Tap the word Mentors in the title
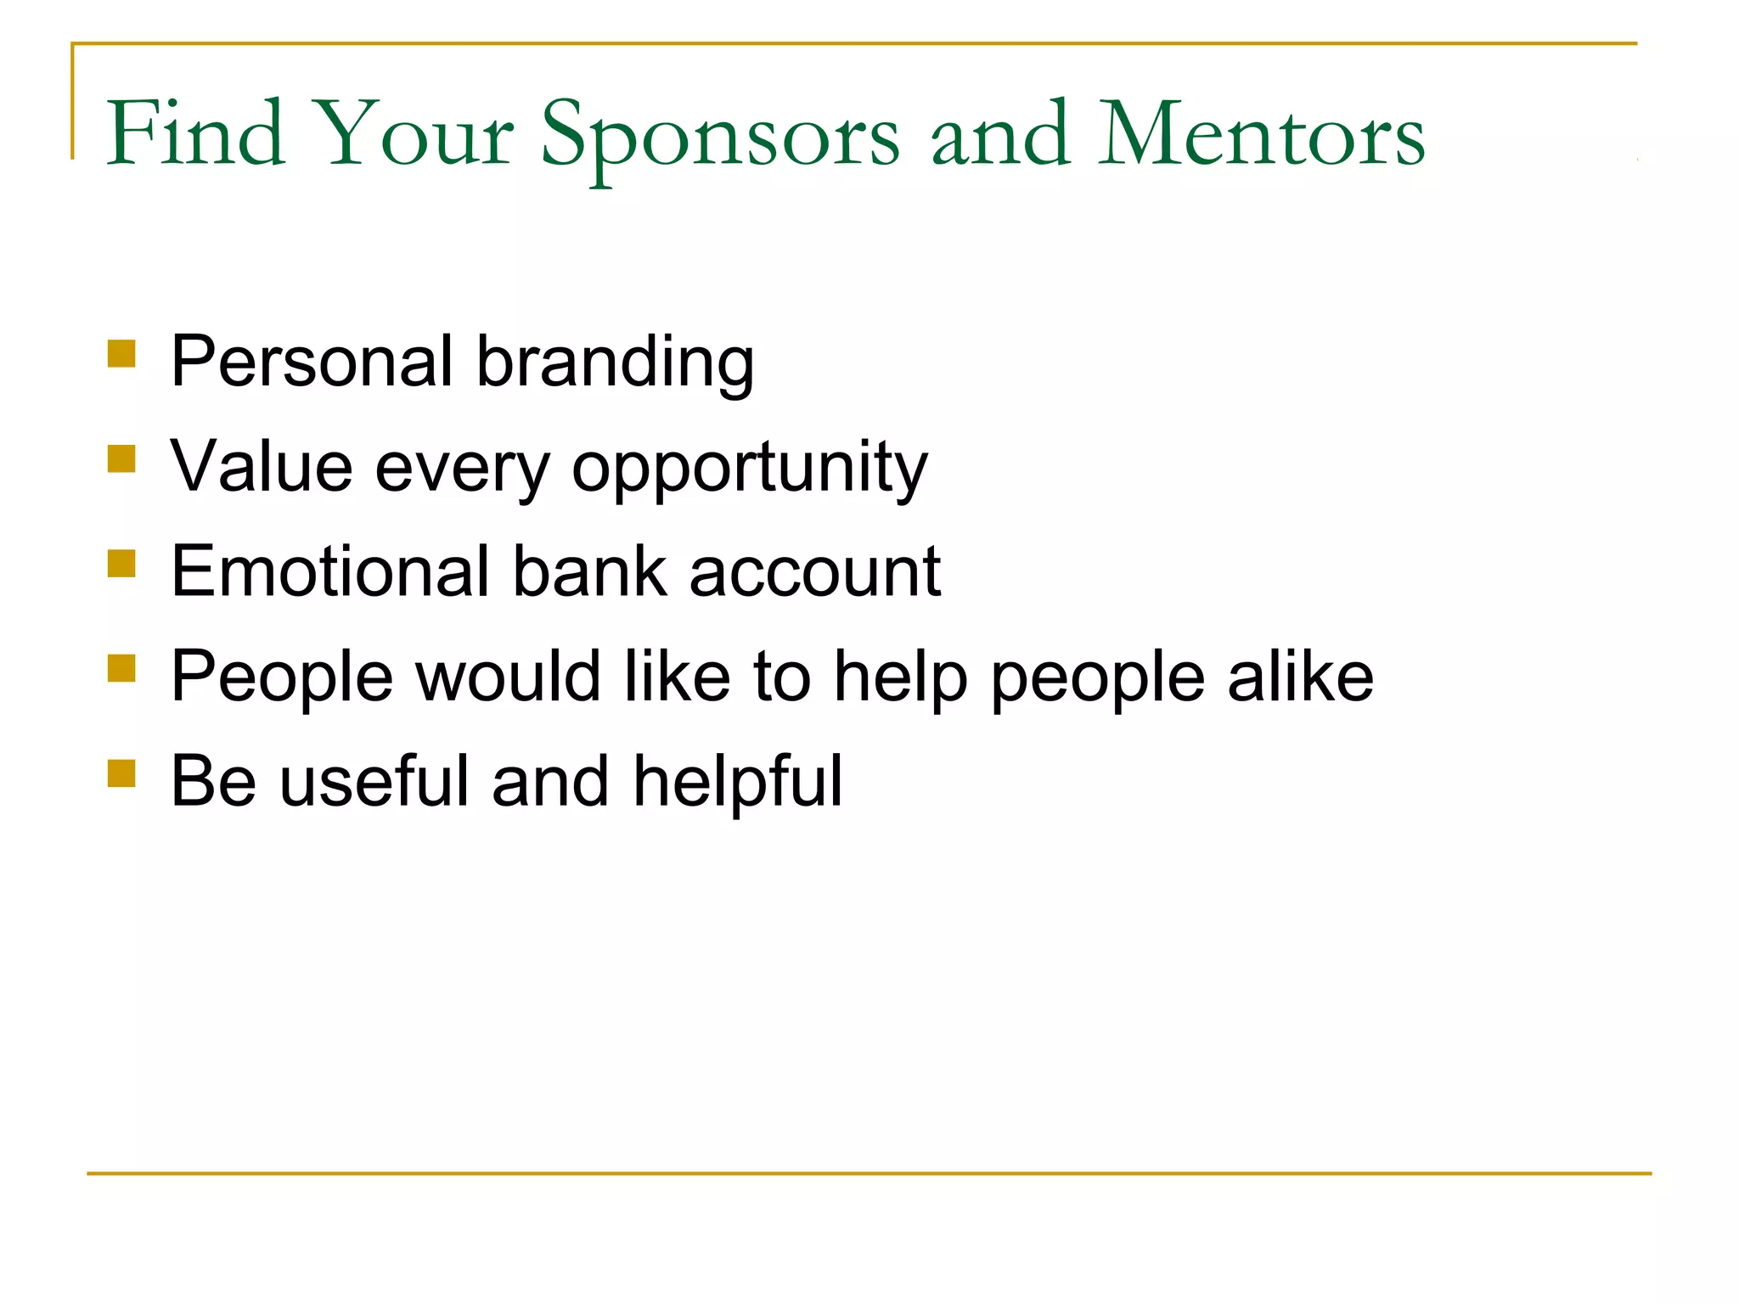point(1261,134)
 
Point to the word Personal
point(312,361)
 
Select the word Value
point(262,466)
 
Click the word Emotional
point(331,571)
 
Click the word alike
point(1300,676)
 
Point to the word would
point(509,676)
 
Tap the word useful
point(374,780)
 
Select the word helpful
point(737,782)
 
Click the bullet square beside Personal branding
point(122,354)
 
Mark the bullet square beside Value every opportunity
point(122,459)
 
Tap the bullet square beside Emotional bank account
point(122,564)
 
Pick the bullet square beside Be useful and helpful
point(122,773)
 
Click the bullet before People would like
point(122,668)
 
